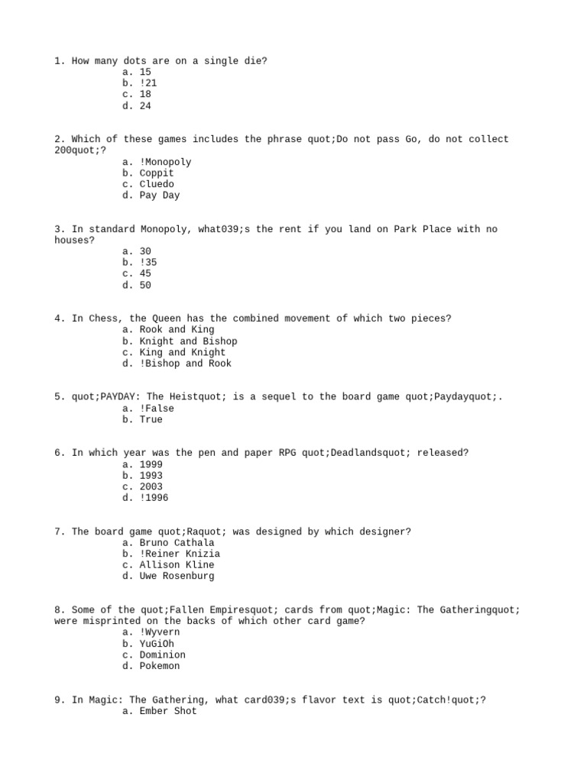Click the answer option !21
pos(148,82)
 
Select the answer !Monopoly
pos(165,162)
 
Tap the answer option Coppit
pos(157,173)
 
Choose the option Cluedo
pos(157,184)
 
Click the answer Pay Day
pos(160,195)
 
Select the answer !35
pos(148,263)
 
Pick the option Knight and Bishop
pos(188,341)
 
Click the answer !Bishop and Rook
pos(185,364)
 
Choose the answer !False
pos(157,409)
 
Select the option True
pos(151,419)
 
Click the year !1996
pos(154,498)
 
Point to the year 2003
pos(151,486)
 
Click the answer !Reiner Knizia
pos(180,554)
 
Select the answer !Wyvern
pos(160,632)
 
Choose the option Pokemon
pos(160,666)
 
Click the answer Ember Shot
pos(168,711)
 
